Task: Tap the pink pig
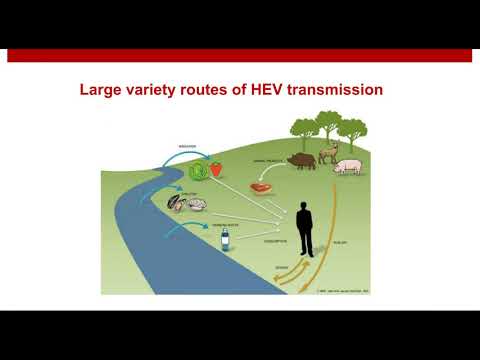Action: click(348, 166)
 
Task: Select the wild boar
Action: click(301, 161)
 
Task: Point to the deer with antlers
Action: click(329, 153)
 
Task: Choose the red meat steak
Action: click(263, 186)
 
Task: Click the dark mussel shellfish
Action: click(178, 205)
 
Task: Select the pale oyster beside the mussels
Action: click(197, 205)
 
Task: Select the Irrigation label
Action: click(186, 145)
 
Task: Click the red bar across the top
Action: click(240, 55)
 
